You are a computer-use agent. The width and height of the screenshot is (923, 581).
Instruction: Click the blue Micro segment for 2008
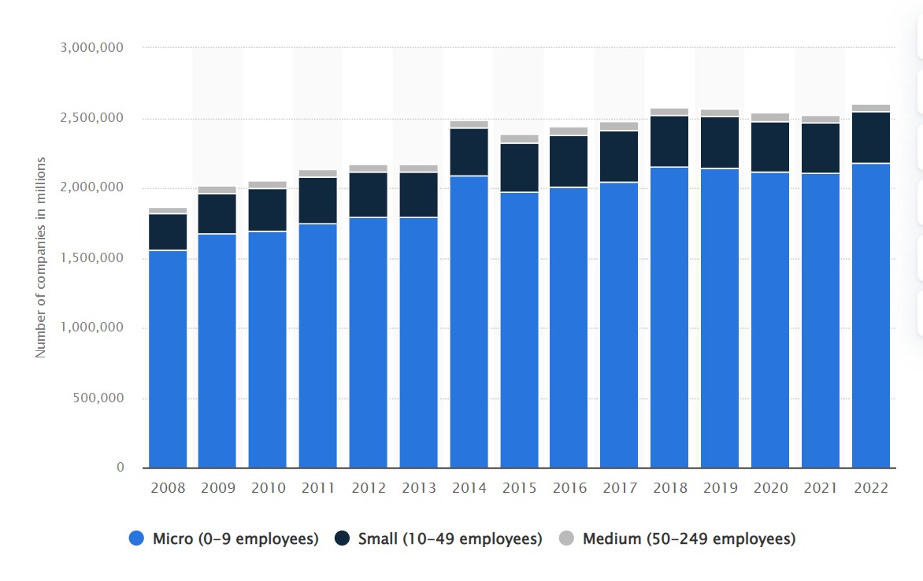point(168,359)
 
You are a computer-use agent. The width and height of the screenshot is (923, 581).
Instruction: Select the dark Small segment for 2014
point(469,152)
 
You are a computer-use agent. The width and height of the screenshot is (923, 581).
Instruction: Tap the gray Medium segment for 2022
point(871,108)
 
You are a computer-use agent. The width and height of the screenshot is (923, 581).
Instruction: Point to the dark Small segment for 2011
point(318,201)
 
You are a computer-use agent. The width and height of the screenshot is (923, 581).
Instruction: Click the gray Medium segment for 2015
point(520,139)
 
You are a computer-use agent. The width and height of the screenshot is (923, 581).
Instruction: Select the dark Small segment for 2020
point(770,147)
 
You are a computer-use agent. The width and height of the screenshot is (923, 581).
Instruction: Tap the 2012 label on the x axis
point(369,488)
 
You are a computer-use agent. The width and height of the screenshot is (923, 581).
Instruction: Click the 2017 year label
point(620,488)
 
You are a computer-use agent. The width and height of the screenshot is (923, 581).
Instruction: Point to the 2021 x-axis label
point(821,488)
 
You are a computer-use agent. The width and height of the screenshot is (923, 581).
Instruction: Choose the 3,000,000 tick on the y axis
point(91,48)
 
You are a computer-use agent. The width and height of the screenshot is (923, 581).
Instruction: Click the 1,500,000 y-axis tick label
point(91,258)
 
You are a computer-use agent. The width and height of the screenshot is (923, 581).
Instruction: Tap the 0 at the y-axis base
point(120,468)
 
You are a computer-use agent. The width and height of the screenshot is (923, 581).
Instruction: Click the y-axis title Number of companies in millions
point(41,257)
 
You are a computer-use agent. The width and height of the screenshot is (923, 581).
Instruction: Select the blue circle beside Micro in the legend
point(137,539)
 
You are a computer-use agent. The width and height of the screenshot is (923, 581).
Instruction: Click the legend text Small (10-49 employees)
point(450,539)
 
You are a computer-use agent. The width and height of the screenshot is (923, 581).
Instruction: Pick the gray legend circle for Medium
point(566,539)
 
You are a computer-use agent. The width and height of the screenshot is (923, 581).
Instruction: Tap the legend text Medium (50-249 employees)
point(689,539)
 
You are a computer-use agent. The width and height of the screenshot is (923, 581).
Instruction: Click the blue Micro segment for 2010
point(268,350)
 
